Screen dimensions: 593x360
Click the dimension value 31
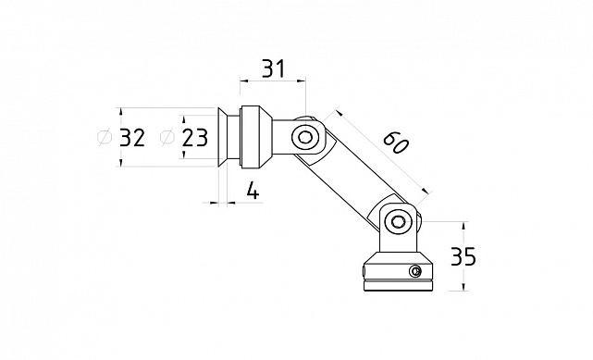(273, 68)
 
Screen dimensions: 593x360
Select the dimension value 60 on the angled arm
(396, 143)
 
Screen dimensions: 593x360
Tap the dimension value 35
(463, 256)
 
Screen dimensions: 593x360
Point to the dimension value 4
(253, 191)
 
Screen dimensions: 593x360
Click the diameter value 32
(132, 137)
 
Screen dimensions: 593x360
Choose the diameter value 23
(195, 137)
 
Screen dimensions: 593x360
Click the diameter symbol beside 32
(105, 137)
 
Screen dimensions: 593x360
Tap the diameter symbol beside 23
(167, 137)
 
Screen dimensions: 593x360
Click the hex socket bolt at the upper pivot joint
(304, 137)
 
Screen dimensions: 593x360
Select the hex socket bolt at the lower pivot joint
(398, 221)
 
